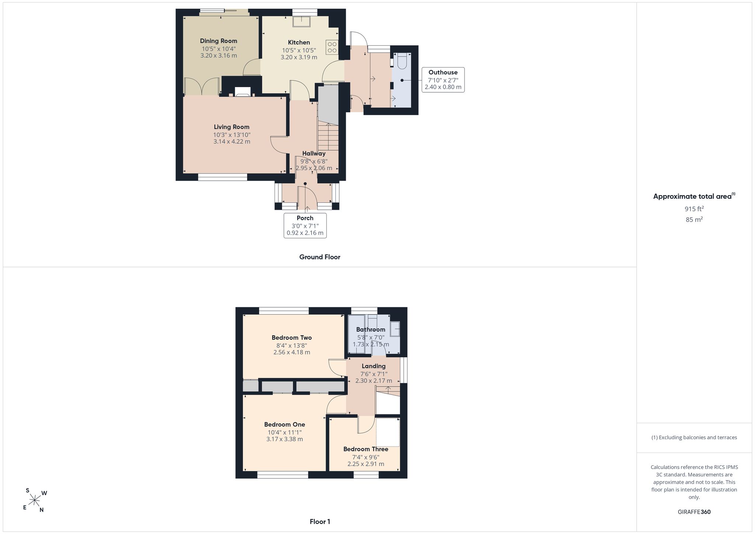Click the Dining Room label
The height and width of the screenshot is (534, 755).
[x=219, y=41]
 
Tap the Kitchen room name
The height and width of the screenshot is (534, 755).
[x=299, y=42]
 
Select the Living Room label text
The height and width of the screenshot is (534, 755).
[x=232, y=127]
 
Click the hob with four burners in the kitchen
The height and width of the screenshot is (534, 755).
[x=332, y=47]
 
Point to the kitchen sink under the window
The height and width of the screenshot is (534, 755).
[x=302, y=22]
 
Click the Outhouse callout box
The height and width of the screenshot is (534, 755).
[x=443, y=80]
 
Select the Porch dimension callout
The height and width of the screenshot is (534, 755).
[x=305, y=225]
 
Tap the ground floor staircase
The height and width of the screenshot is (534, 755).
[x=328, y=136]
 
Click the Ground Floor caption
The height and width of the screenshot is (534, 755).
[x=320, y=257]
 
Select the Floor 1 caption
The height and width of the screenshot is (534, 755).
[x=320, y=522]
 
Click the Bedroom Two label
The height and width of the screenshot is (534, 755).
[x=292, y=337]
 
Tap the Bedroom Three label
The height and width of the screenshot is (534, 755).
[x=366, y=449]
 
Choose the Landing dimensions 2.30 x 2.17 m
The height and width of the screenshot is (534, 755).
[x=374, y=381]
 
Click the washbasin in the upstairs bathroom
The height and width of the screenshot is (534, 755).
[x=395, y=329]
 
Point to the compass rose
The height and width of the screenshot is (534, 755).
[x=35, y=500]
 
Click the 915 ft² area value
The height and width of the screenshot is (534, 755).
[x=694, y=209]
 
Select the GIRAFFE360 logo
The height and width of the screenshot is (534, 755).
[x=694, y=512]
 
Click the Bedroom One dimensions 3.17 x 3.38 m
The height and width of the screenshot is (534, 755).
[x=285, y=439]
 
